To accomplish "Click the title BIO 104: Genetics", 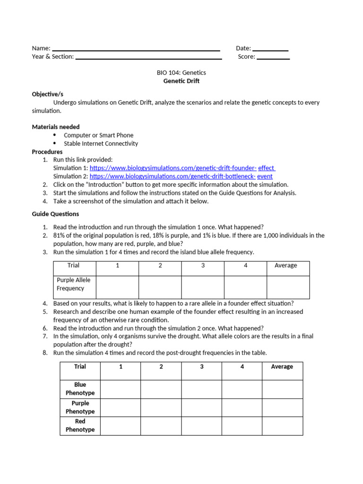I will (181, 73).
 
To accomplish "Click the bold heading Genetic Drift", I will (181, 81).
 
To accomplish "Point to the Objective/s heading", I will (47, 94).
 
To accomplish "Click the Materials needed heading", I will (56, 127).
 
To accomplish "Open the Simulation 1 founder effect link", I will (182, 168).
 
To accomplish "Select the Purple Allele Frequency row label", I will (74, 284).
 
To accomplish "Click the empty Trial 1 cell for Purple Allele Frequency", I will (117, 287).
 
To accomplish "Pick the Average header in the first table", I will (285, 266).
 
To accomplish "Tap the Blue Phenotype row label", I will (80, 389).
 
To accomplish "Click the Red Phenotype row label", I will (80, 425).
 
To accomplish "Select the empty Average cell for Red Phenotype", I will (282, 426).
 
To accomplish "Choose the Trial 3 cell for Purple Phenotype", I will (201, 407).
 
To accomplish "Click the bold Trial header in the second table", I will (80, 367).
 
